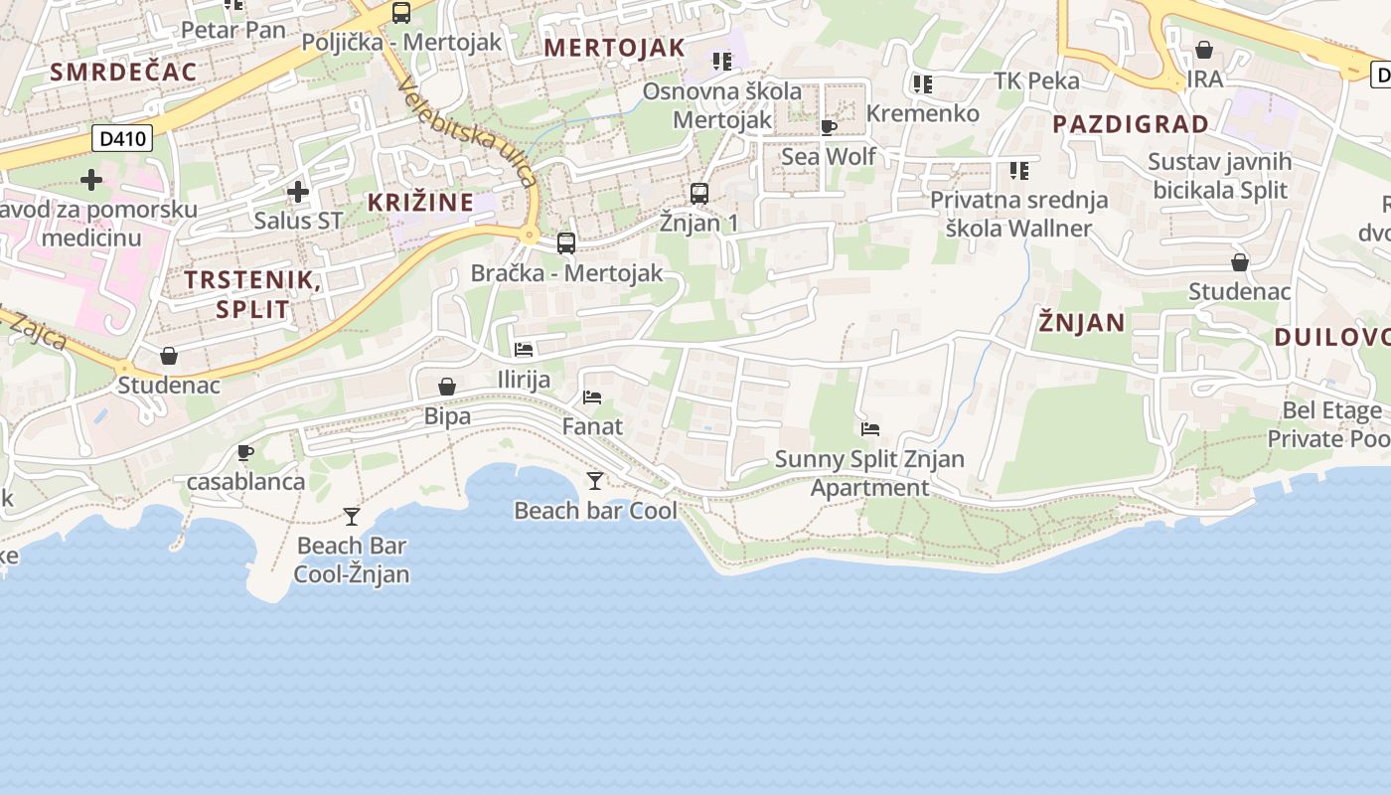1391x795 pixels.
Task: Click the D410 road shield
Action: point(123,138)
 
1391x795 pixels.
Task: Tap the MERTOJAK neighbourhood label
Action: point(615,48)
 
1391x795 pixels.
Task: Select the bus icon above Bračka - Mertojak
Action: point(566,242)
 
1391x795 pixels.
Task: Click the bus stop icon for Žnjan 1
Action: point(699,193)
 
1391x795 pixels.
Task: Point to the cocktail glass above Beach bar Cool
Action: point(595,481)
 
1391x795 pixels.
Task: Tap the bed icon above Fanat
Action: point(592,397)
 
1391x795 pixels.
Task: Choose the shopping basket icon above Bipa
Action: point(447,387)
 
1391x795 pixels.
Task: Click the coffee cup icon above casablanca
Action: point(245,453)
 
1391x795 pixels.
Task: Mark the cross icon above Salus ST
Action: point(297,192)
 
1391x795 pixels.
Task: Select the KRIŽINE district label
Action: point(420,203)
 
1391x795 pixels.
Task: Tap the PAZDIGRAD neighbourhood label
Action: point(1131,124)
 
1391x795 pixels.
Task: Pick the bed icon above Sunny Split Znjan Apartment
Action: point(870,429)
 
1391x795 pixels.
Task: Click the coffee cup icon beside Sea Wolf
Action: point(829,127)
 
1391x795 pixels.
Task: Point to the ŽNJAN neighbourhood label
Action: point(1082,322)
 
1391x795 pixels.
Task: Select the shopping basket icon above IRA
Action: point(1204,50)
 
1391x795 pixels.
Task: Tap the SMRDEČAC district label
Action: point(123,72)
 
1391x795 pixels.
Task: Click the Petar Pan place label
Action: point(233,30)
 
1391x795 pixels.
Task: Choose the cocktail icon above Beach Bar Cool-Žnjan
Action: point(352,516)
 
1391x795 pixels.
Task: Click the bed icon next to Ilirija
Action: point(524,350)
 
